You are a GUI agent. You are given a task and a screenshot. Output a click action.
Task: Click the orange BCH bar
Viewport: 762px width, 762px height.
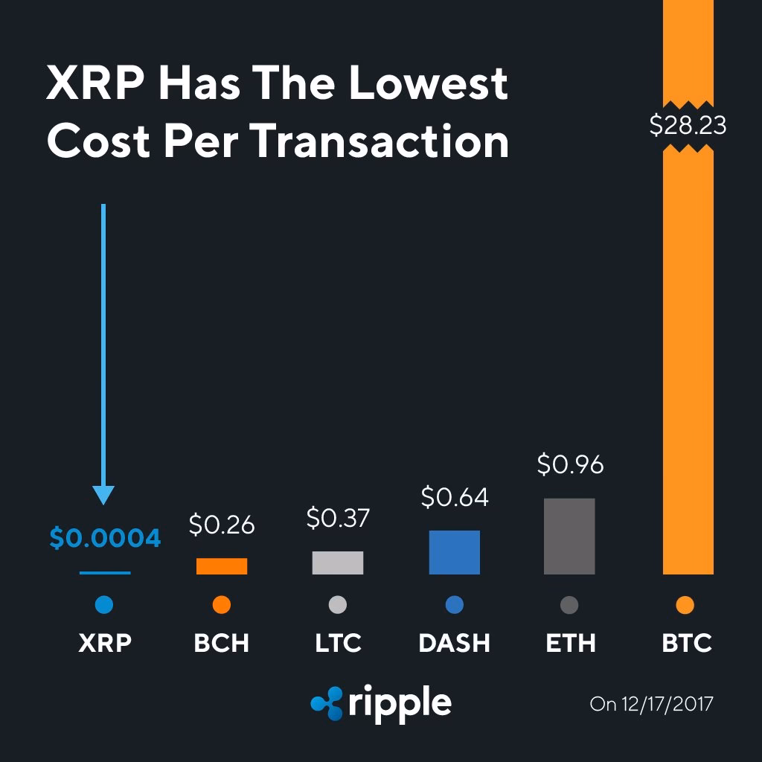[x=221, y=566]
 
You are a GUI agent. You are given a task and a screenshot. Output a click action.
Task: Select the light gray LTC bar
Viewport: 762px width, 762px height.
[x=338, y=563]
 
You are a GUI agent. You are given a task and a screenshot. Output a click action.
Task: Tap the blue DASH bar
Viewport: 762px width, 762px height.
[x=454, y=552]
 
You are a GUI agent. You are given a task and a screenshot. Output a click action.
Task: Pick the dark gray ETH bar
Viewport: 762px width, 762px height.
[x=569, y=536]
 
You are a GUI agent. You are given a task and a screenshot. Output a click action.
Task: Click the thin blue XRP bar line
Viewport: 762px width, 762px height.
[x=105, y=573]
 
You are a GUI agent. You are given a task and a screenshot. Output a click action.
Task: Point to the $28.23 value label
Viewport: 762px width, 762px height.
[x=688, y=125]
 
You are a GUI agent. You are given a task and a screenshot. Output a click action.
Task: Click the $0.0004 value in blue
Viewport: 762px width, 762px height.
[x=105, y=538]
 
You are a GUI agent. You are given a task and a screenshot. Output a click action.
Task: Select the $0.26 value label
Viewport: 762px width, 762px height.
[x=222, y=525]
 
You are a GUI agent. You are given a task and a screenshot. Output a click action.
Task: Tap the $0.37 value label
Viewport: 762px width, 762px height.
[x=338, y=518]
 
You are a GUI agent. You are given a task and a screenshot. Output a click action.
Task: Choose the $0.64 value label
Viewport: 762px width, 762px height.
[x=455, y=497]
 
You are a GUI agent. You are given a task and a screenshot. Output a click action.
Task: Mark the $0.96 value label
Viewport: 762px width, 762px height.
[x=570, y=464]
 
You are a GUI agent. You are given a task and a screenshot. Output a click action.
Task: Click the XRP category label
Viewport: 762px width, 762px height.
[x=105, y=643]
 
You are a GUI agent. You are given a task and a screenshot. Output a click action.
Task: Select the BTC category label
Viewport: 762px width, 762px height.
[x=687, y=643]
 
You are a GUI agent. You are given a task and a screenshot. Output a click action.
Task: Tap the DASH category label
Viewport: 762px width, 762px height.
[x=454, y=643]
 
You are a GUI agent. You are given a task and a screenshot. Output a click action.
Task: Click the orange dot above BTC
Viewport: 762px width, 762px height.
[x=686, y=606]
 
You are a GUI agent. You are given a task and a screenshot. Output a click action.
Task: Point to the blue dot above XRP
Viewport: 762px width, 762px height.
[x=104, y=606]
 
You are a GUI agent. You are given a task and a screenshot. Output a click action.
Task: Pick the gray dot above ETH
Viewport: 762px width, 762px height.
[x=569, y=606]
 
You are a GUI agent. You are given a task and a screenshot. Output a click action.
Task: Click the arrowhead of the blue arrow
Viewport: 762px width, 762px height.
[x=103, y=495]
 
